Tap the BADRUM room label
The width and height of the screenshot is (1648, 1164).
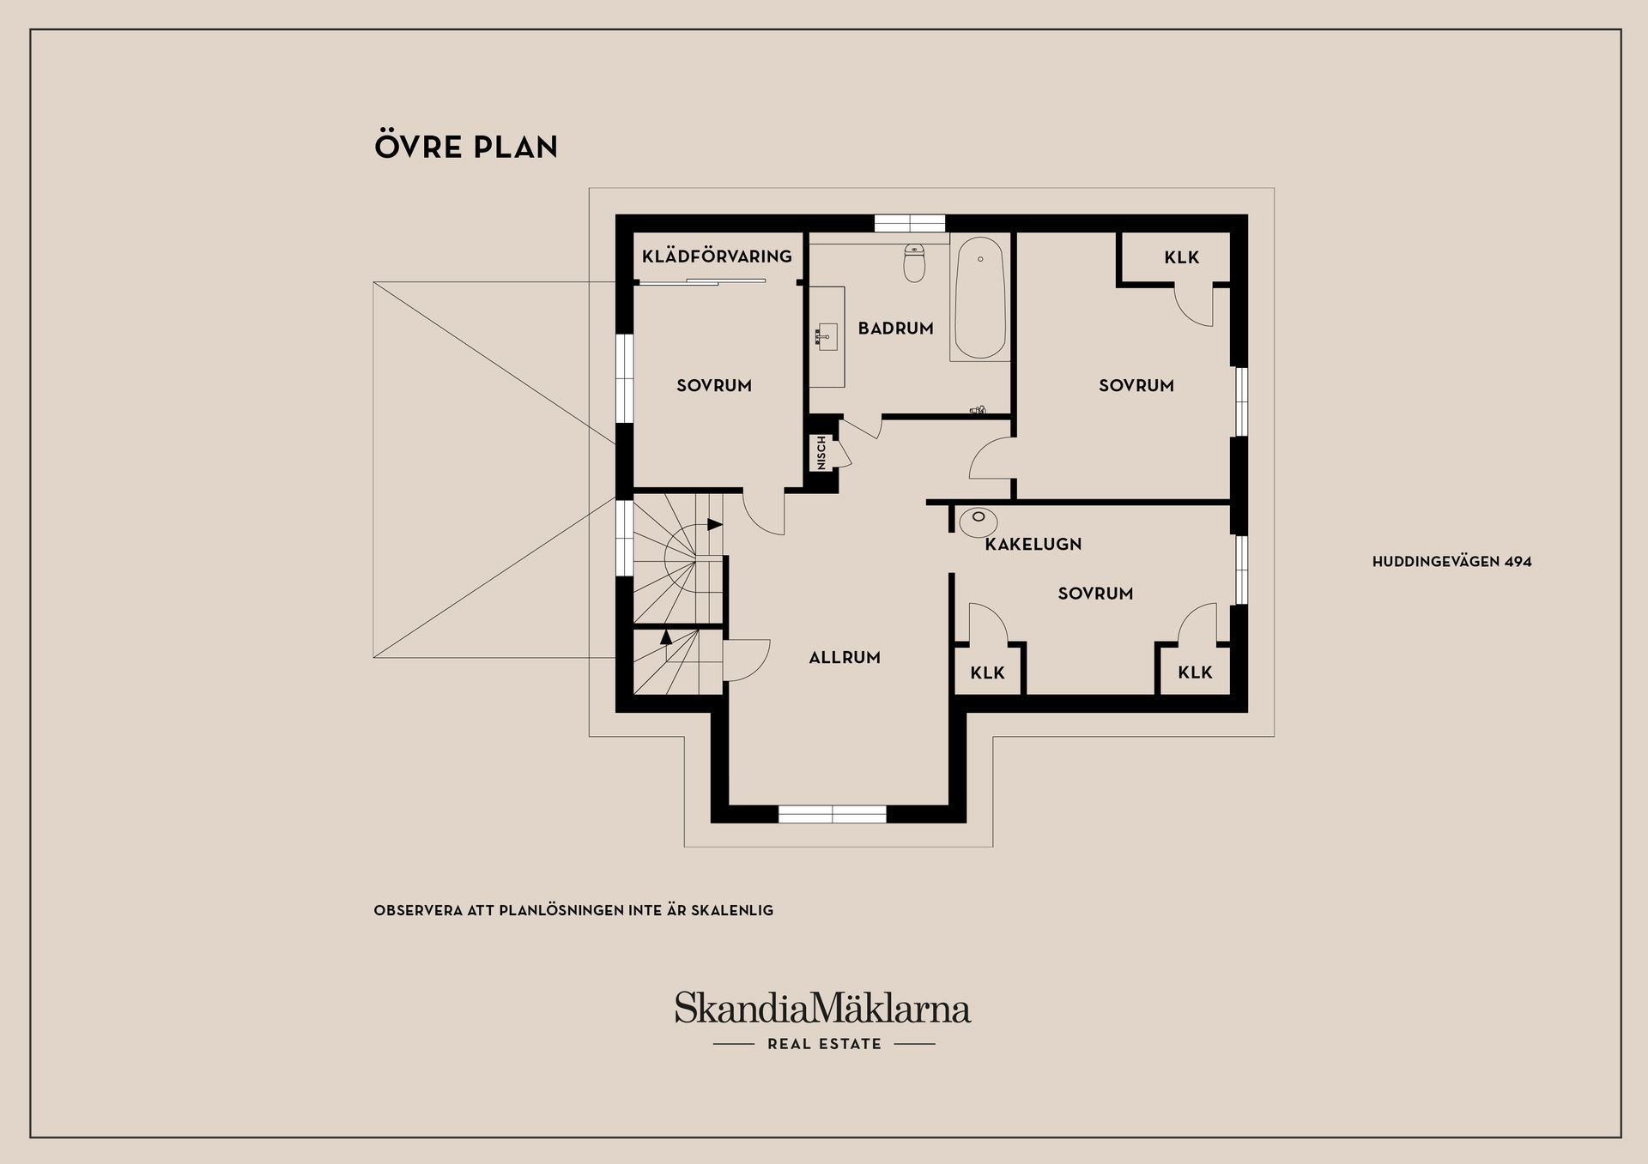pyautogui.click(x=895, y=328)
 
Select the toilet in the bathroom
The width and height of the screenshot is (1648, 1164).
pyautogui.click(x=914, y=263)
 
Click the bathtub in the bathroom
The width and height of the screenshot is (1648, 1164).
pyautogui.click(x=979, y=298)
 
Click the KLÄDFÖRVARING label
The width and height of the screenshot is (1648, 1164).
pyautogui.click(x=717, y=256)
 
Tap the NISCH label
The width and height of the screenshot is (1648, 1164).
pyautogui.click(x=821, y=453)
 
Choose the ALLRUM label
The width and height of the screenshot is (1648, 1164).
pyautogui.click(x=845, y=658)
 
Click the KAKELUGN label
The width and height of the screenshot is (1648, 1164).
pyautogui.click(x=1033, y=544)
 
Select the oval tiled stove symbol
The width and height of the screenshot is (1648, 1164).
pyautogui.click(x=978, y=520)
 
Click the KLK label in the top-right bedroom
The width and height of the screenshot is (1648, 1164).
pyautogui.click(x=1182, y=257)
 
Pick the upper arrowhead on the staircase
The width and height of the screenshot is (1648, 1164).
pyautogui.click(x=715, y=524)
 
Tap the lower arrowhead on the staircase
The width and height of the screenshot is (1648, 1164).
pyautogui.click(x=666, y=636)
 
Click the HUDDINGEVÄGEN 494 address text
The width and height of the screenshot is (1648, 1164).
pyautogui.click(x=1452, y=562)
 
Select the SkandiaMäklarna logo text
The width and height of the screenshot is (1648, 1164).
pyautogui.click(x=822, y=1008)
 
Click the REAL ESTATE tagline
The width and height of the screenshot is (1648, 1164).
pyautogui.click(x=825, y=1044)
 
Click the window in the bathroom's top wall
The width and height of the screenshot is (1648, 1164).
pyautogui.click(x=910, y=223)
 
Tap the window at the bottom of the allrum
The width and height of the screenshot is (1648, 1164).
pyautogui.click(x=833, y=814)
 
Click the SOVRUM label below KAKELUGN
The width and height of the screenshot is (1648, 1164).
pyautogui.click(x=1095, y=594)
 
